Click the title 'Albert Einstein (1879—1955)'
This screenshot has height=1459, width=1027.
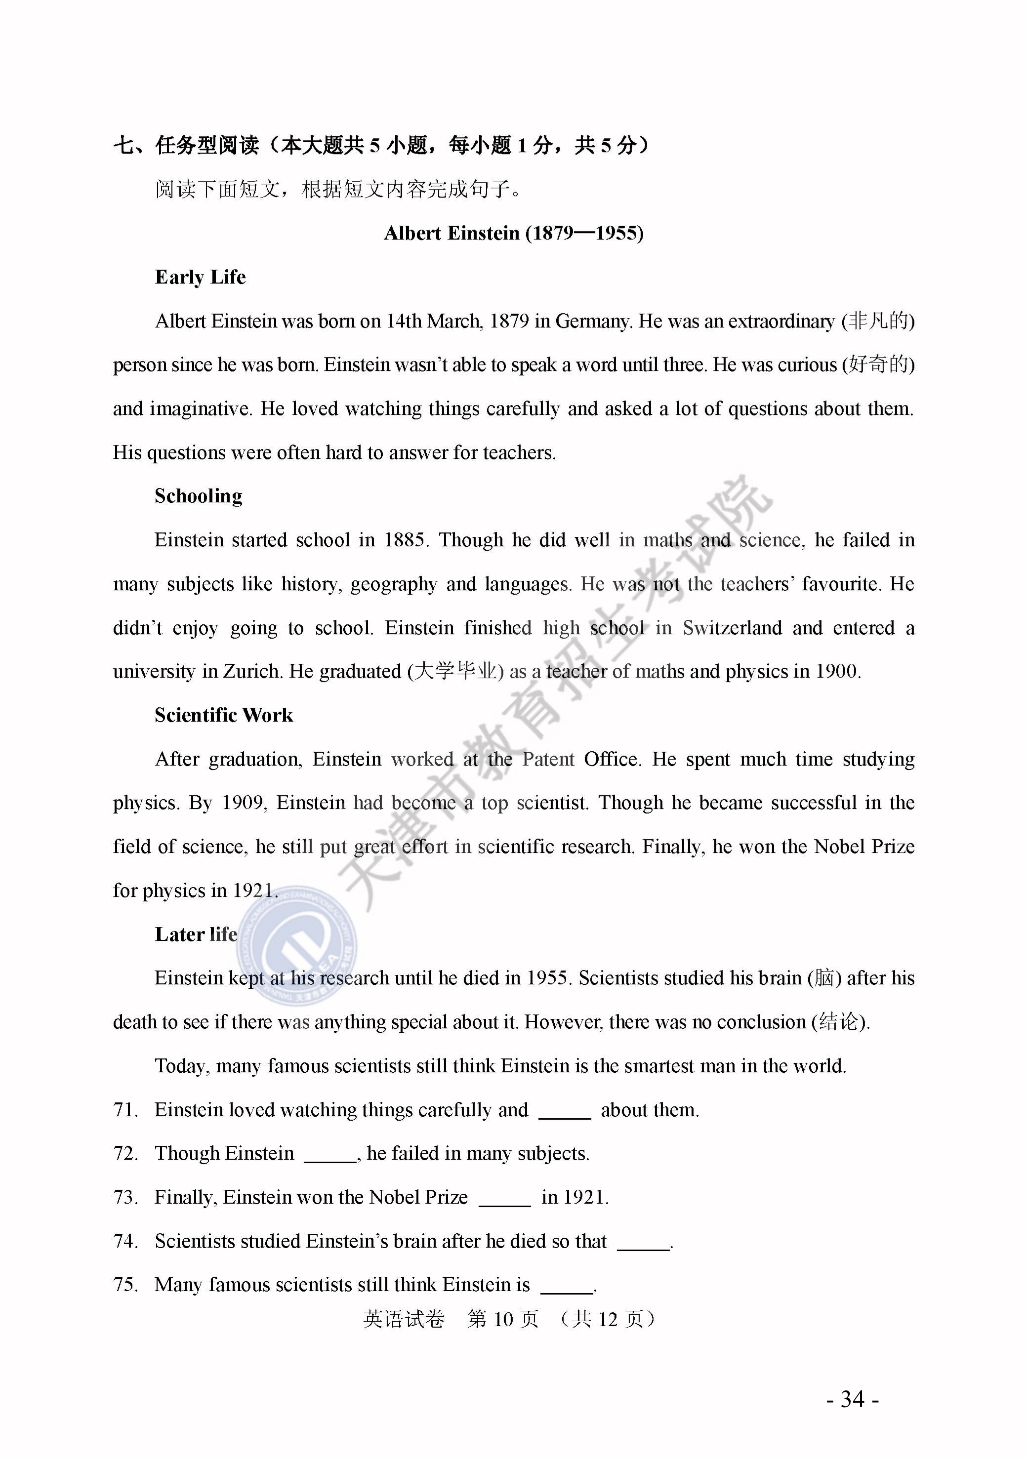pyautogui.click(x=514, y=233)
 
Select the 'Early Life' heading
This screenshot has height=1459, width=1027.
pyautogui.click(x=200, y=277)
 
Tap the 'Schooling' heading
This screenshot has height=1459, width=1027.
pyautogui.click(x=198, y=496)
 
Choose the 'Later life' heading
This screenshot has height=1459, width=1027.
pyautogui.click(x=196, y=934)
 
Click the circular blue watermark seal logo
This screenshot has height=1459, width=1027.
pyautogui.click(x=297, y=945)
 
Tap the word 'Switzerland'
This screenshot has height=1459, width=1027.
pyautogui.click(x=732, y=628)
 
